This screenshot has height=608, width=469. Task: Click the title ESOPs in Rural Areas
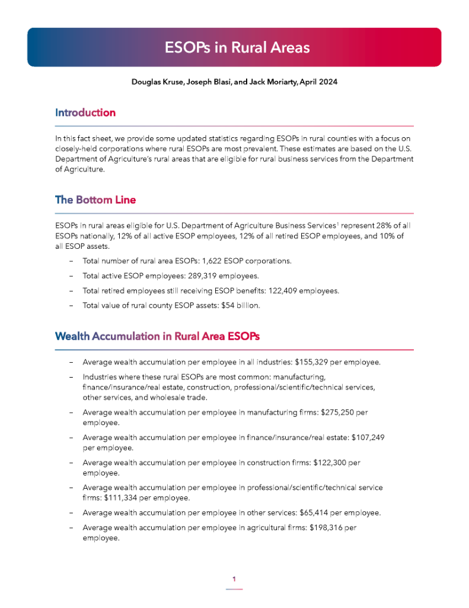click(x=237, y=47)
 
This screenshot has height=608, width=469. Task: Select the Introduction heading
click(x=85, y=113)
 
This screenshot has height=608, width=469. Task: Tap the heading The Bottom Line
click(x=95, y=200)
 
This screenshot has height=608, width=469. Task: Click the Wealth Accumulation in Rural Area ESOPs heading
click(x=157, y=337)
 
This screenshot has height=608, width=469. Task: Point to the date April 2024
click(x=318, y=82)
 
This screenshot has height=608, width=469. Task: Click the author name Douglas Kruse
click(x=157, y=82)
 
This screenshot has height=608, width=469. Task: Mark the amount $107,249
click(x=368, y=438)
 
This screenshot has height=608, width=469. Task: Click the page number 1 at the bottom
click(x=234, y=579)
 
